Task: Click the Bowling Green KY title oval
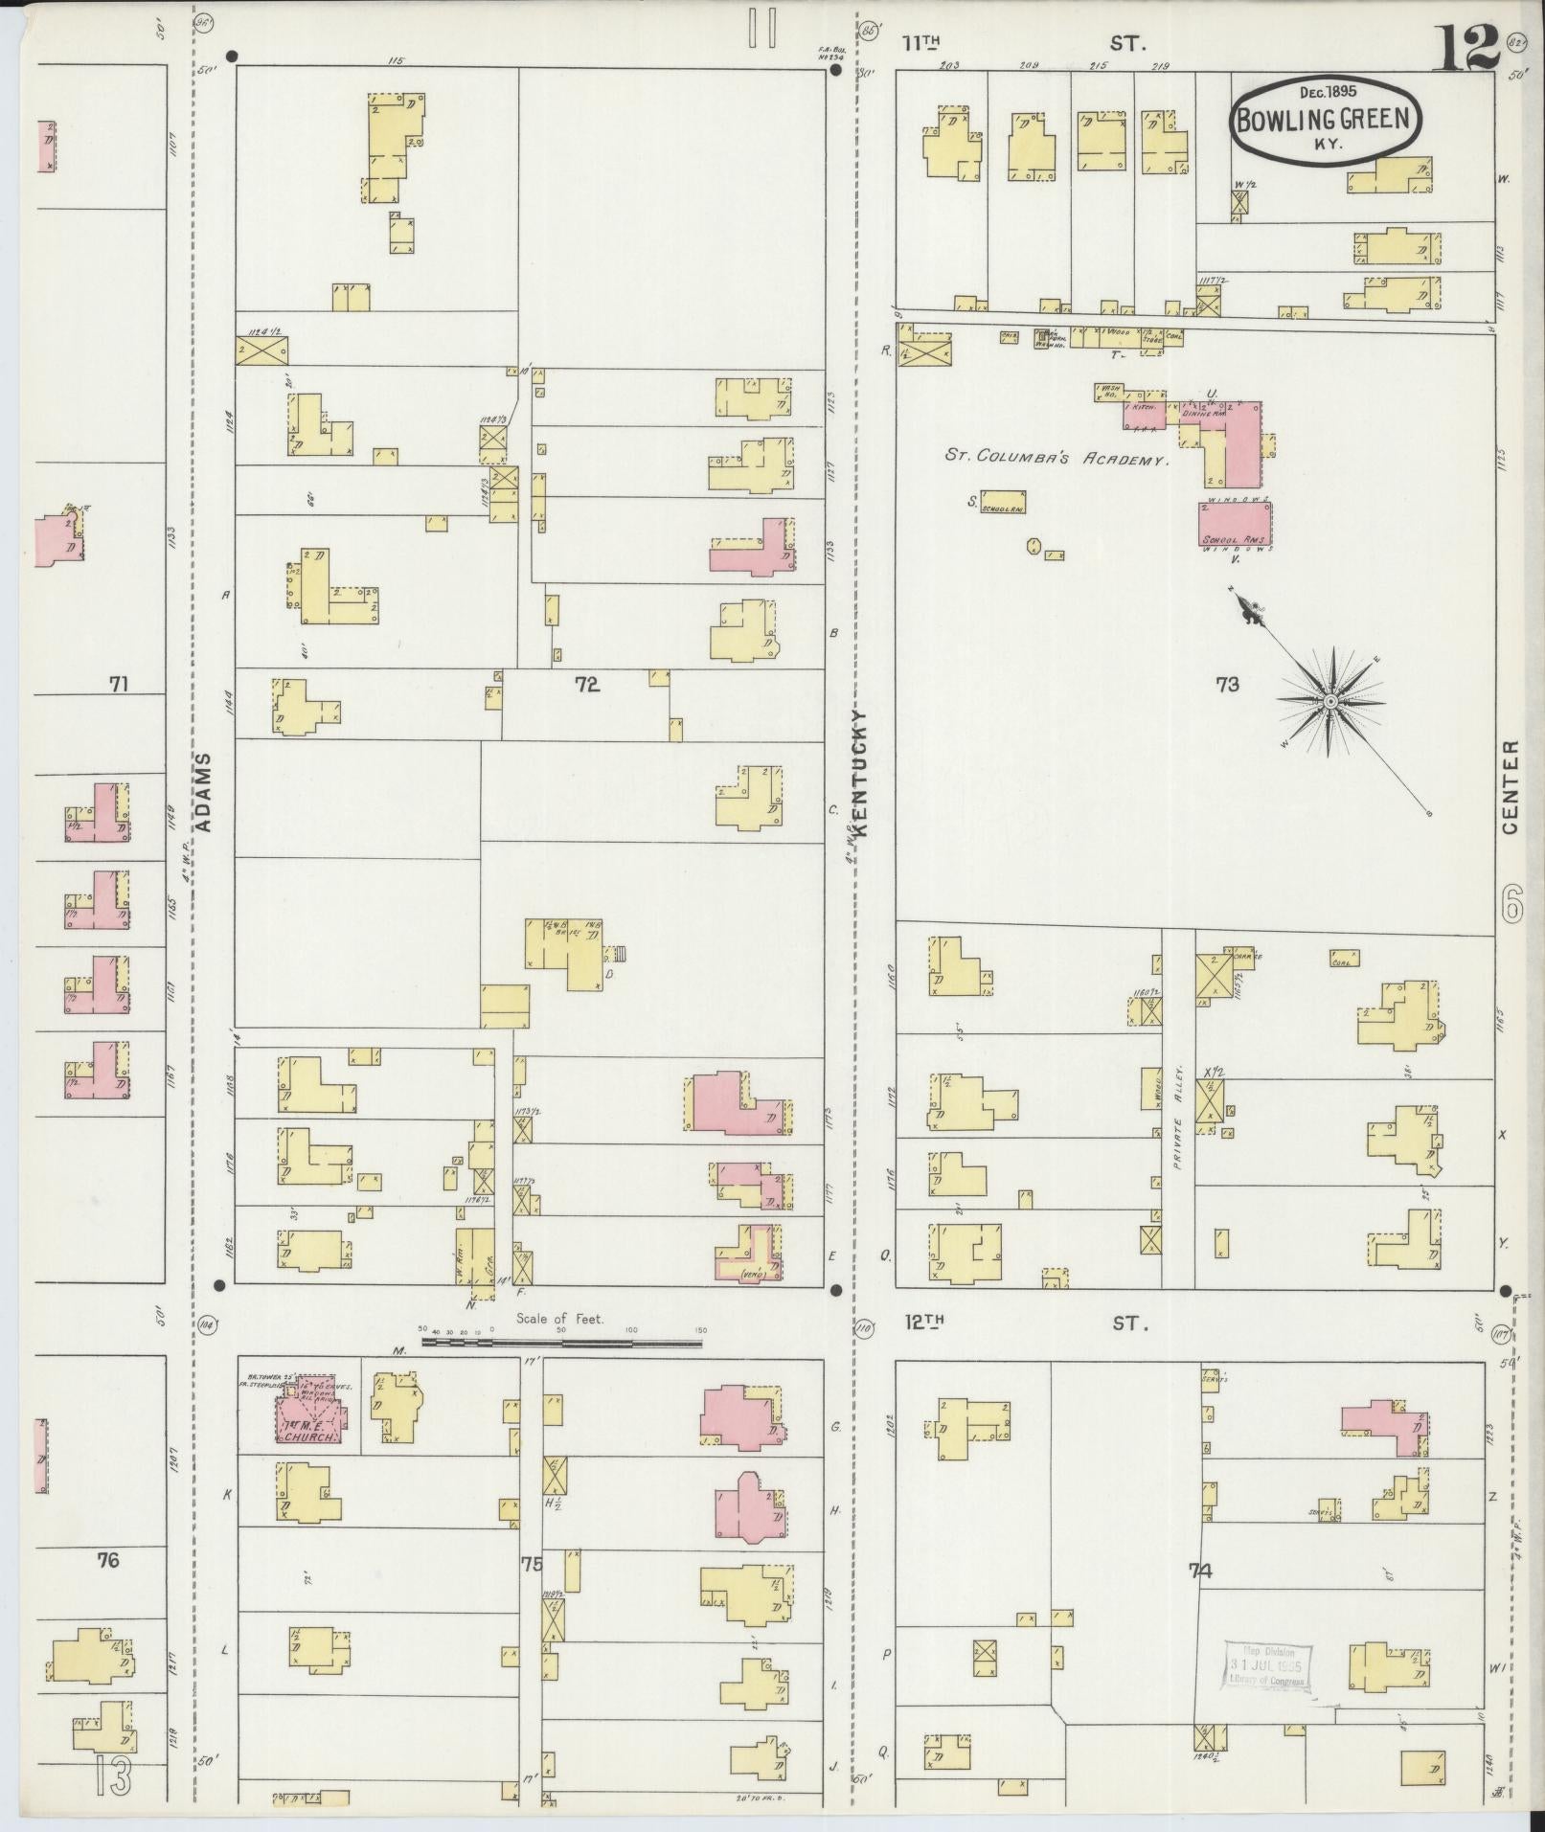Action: pos(1326,117)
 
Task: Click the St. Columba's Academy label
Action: pos(1057,458)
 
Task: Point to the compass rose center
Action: pos(1330,703)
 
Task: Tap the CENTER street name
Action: pos(1511,785)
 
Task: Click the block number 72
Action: pos(586,684)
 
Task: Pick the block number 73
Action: pos(1227,684)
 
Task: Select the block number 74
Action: pos(1200,1571)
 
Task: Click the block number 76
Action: pos(107,1560)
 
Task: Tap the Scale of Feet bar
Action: pos(560,1343)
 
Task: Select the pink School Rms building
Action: pos(1235,525)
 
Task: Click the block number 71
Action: pos(119,684)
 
